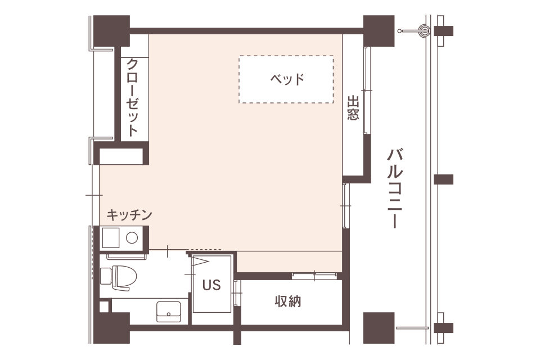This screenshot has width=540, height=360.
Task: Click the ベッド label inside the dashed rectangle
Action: pyautogui.click(x=287, y=79)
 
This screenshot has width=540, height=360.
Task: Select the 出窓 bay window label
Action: pyautogui.click(x=353, y=108)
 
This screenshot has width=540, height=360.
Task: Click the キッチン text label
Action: pyautogui.click(x=129, y=214)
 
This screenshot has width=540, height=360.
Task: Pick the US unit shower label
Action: pyautogui.click(x=211, y=285)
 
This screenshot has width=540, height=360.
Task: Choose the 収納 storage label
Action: pyautogui.click(x=288, y=301)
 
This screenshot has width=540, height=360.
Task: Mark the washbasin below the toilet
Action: pyautogui.click(x=168, y=310)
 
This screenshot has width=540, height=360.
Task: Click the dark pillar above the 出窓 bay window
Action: pyautogui.click(x=379, y=31)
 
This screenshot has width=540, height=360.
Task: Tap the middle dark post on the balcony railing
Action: pyautogui.click(x=443, y=180)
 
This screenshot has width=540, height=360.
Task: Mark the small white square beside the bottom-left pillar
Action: pyautogui.click(x=103, y=307)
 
